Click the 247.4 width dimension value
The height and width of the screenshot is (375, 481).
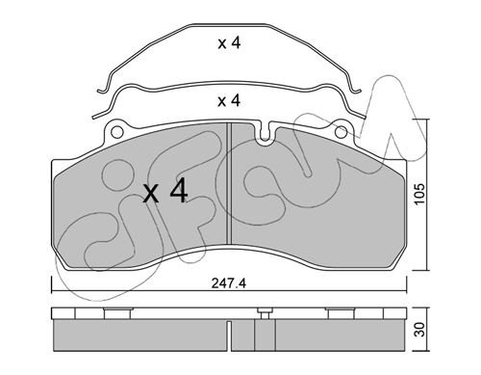[x=229, y=283]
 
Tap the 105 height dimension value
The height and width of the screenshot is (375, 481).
[x=418, y=194]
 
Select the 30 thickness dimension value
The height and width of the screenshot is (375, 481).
[x=419, y=330]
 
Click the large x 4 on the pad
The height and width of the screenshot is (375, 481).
[x=165, y=193]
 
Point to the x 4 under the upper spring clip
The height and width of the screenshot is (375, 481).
[x=229, y=43]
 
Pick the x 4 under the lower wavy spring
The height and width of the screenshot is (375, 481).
[x=229, y=101]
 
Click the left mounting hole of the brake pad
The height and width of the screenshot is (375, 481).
[x=117, y=132]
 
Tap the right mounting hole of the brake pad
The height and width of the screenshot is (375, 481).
[x=341, y=132]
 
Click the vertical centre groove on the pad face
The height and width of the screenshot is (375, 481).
[x=229, y=183]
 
